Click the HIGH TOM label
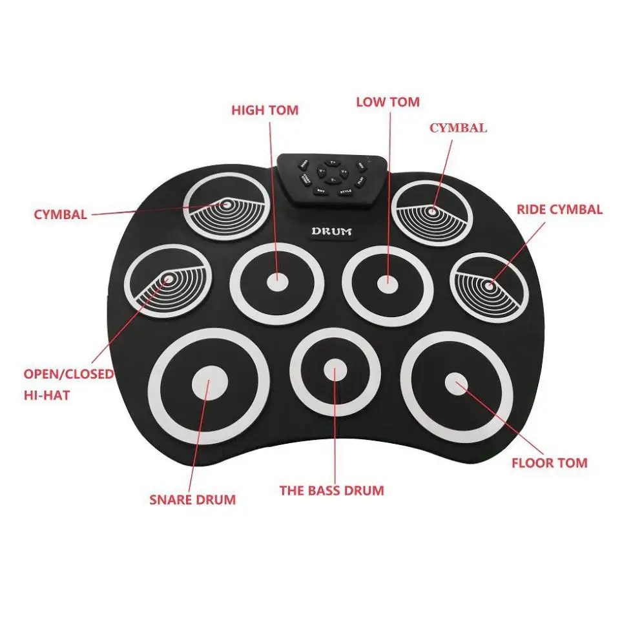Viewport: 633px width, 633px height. (265, 110)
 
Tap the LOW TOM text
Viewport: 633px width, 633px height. (388, 102)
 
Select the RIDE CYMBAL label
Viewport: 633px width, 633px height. (559, 209)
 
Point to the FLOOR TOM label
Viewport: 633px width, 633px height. (550, 462)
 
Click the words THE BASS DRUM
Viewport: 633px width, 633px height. (331, 490)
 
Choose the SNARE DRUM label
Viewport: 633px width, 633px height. (192, 499)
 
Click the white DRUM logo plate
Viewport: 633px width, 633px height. (331, 231)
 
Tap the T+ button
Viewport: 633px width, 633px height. (333, 163)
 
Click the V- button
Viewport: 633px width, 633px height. (321, 171)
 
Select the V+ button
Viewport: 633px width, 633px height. (344, 171)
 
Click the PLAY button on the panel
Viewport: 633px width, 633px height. (361, 180)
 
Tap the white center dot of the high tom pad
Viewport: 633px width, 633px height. (277, 282)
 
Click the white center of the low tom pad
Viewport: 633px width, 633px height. (388, 282)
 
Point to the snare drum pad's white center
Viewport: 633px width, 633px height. (209, 384)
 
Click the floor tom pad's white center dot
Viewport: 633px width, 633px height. (457, 384)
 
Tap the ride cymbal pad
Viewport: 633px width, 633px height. (489, 287)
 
